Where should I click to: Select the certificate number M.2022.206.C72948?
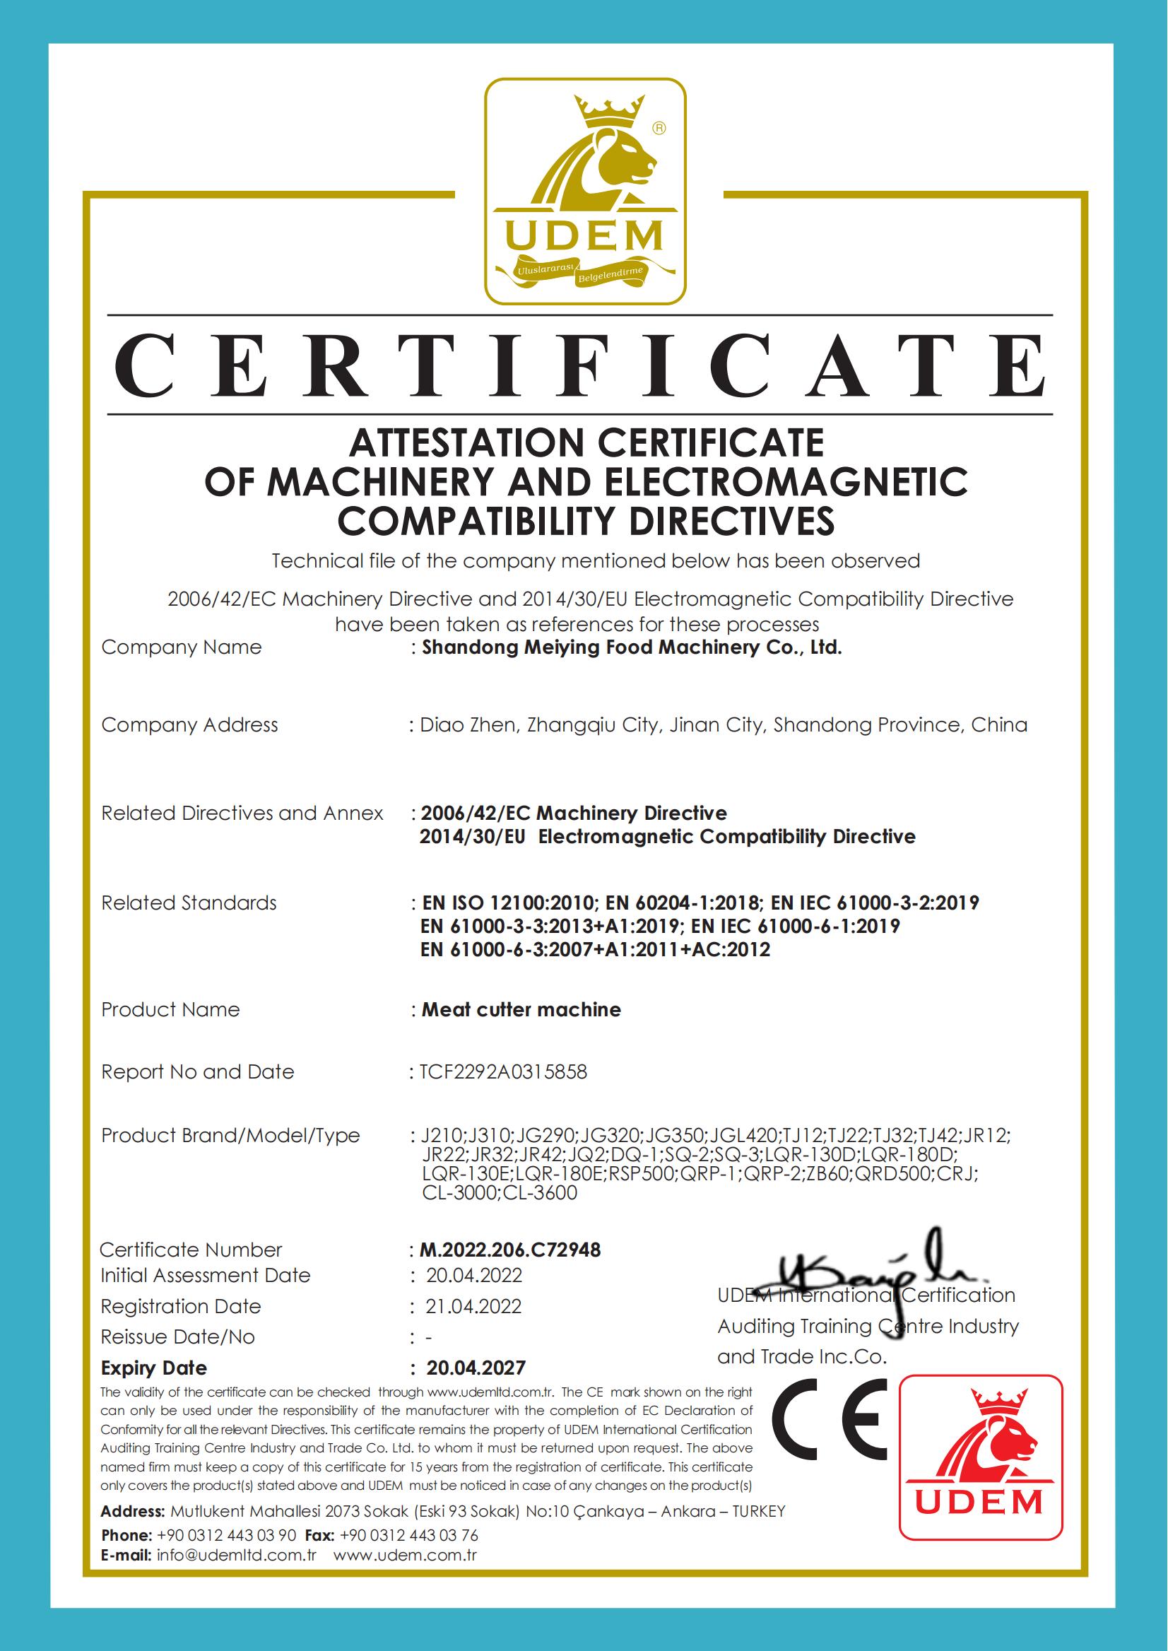point(510,1250)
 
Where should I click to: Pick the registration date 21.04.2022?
point(473,1306)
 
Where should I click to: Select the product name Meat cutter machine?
point(521,1009)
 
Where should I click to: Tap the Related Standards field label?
point(189,903)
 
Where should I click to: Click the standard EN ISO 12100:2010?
point(508,903)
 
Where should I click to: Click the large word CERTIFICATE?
point(579,365)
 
